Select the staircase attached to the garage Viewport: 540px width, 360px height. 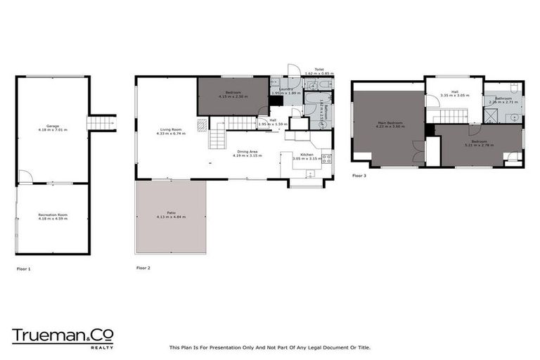[101, 123]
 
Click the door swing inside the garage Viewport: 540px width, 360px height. [23, 176]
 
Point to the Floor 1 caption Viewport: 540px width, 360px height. [24, 269]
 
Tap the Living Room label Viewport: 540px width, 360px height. [172, 130]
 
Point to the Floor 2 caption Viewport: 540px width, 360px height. [143, 268]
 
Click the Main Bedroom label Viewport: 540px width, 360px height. [390, 123]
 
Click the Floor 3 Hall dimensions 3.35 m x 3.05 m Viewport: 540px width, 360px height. [455, 94]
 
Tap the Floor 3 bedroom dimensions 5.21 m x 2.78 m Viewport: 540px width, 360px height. [479, 145]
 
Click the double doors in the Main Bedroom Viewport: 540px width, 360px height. [418, 150]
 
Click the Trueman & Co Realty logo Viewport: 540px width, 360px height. [63, 337]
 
